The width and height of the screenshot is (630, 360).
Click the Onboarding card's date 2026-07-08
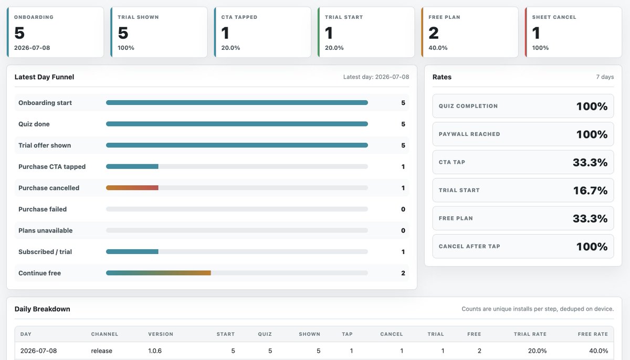pyautogui.click(x=32, y=48)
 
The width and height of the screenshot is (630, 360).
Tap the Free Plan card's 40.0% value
pyautogui.click(x=438, y=48)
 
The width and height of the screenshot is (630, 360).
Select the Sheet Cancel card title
pyautogui.click(x=554, y=17)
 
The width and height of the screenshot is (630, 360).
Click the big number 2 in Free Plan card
pyautogui.click(x=434, y=33)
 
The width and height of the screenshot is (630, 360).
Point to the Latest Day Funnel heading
pyautogui.click(x=44, y=77)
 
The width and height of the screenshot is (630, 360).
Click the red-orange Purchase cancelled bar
pyautogui.click(x=132, y=188)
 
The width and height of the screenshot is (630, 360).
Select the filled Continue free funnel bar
pyautogui.click(x=159, y=273)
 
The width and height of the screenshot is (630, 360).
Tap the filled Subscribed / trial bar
pyautogui.click(x=132, y=251)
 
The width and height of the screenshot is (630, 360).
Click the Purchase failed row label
pyautogui.click(x=43, y=209)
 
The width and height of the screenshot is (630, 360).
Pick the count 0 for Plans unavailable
pyautogui.click(x=403, y=230)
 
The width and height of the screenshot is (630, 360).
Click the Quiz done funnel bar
pyautogui.click(x=237, y=124)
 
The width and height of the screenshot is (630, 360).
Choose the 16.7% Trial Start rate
pyautogui.click(x=590, y=190)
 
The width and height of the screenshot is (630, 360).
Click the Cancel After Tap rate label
pyautogui.click(x=469, y=247)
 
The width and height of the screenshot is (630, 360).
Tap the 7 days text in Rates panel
pyautogui.click(x=605, y=77)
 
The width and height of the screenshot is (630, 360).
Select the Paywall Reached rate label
pyautogui.click(x=469, y=134)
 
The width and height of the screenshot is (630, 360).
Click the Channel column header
pyautogui.click(x=104, y=334)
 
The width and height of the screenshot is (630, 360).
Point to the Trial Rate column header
pyautogui.click(x=530, y=334)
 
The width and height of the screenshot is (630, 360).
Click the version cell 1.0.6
pyautogui.click(x=155, y=351)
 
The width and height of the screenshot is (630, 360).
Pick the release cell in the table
pyautogui.click(x=101, y=351)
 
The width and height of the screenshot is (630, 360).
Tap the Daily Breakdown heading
pyautogui.click(x=42, y=309)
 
